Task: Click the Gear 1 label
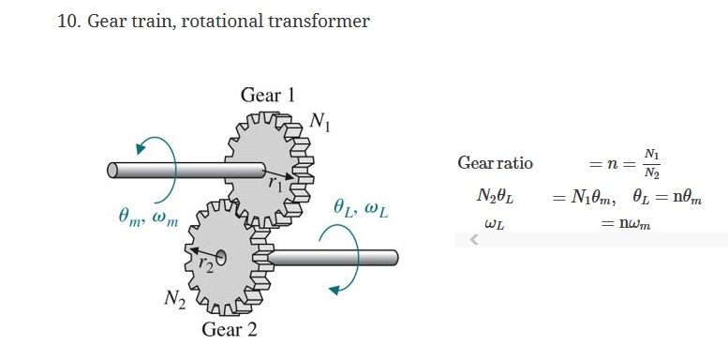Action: (267, 95)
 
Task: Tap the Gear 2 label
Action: (229, 330)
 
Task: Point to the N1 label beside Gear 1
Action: (319, 121)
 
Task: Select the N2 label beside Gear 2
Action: (174, 299)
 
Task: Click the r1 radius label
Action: (275, 183)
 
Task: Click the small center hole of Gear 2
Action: (222, 254)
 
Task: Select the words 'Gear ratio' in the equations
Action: (495, 163)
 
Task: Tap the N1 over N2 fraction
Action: (650, 163)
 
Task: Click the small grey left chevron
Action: (474, 241)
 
